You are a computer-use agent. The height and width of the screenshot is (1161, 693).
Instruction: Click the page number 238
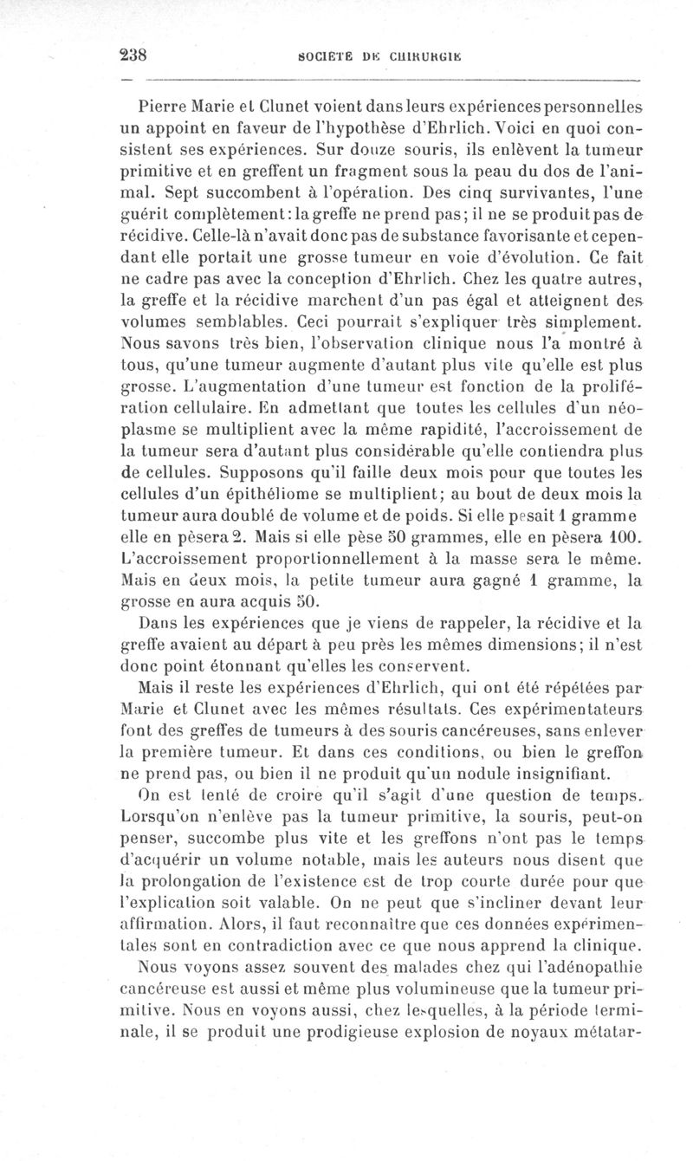(134, 52)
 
